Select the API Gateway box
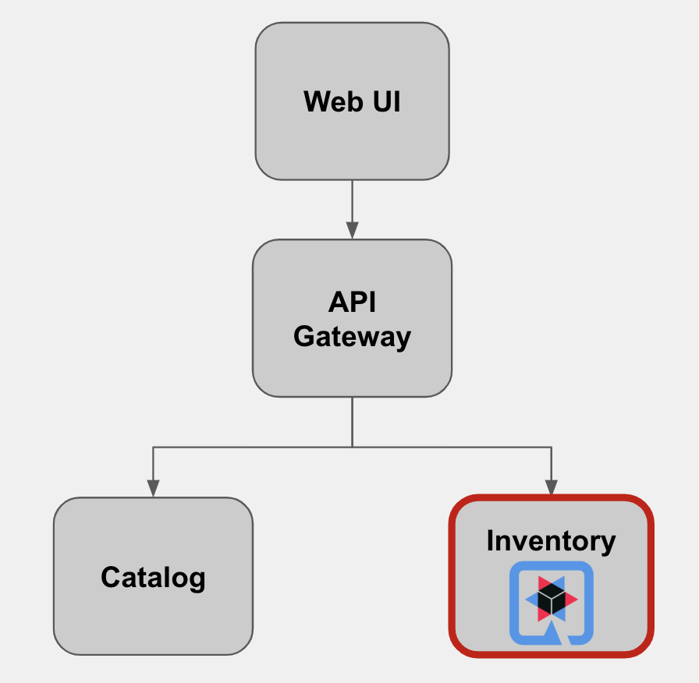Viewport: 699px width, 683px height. [x=352, y=366]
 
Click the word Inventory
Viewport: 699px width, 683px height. [x=551, y=540]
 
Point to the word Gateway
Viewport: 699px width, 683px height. [x=352, y=337]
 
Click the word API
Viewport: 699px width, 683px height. [x=352, y=302]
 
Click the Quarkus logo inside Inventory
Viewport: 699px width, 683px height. [x=551, y=603]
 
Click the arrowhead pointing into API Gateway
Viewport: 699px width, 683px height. [x=352, y=230]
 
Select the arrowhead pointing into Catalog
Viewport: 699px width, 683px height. [x=153, y=488]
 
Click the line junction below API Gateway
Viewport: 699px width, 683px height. [x=352, y=447]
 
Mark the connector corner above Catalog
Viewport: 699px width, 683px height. [x=153, y=447]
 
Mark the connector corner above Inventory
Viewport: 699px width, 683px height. [x=552, y=447]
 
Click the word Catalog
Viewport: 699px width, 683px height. [x=153, y=578]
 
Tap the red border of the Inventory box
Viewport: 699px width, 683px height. [x=452, y=577]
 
